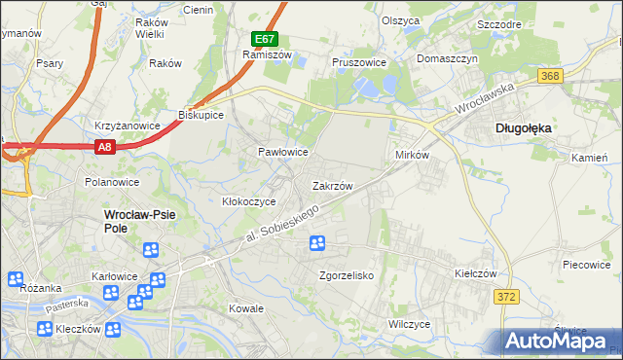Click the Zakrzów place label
click(x=332, y=185)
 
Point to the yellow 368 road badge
click(x=550, y=76)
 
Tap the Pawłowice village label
click(x=282, y=153)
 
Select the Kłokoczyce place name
click(x=249, y=201)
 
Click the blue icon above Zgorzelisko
click(x=317, y=243)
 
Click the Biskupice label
click(x=202, y=115)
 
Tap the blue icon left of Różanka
click(x=15, y=280)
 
